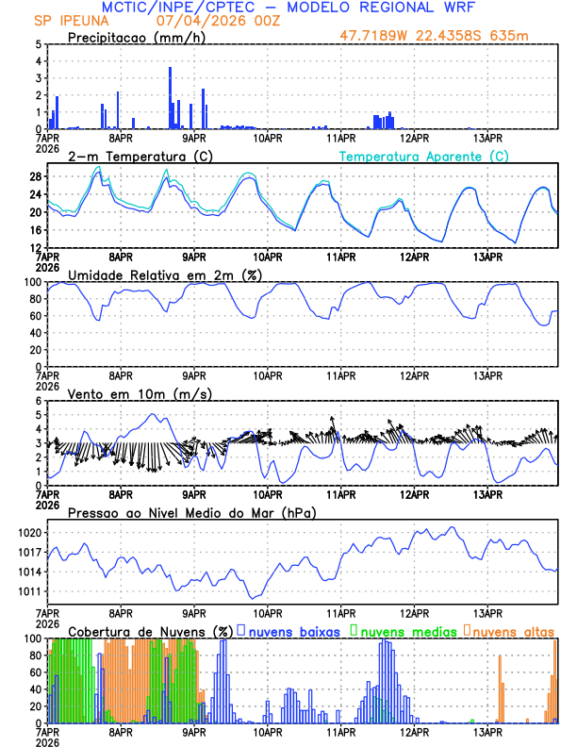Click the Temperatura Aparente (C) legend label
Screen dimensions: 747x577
point(424,156)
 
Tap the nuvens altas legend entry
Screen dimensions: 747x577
point(512,630)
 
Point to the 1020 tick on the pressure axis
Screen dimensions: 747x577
point(30,533)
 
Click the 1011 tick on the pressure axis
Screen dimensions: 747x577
point(30,591)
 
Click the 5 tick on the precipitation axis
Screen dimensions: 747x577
point(38,44)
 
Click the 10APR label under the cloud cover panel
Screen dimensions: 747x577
point(268,731)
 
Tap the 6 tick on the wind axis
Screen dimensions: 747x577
point(38,401)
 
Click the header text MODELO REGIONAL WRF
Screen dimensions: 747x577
point(386,7)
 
